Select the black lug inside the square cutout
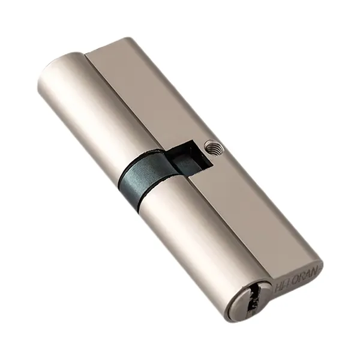pos(186,160)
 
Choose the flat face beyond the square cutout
pos(144,90)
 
